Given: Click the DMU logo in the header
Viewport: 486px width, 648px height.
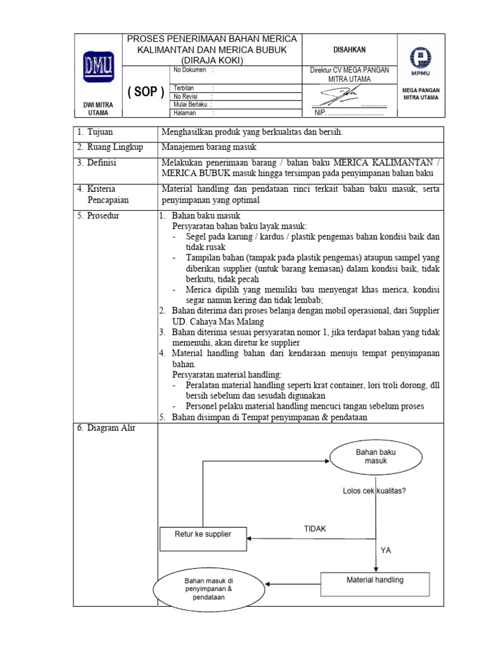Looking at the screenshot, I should (x=97, y=66).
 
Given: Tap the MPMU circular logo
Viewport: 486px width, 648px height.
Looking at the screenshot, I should (x=420, y=59).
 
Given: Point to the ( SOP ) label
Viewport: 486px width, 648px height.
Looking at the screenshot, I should (x=146, y=92).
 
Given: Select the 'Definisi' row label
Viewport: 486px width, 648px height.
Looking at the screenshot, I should (x=98, y=163).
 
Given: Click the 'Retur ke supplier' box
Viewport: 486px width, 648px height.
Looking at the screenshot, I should (x=203, y=534).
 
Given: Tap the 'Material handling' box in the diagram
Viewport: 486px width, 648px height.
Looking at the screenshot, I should (x=375, y=580).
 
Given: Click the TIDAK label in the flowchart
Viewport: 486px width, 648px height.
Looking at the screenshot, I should (x=315, y=529).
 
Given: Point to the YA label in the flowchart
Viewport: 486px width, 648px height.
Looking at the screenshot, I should (x=386, y=551).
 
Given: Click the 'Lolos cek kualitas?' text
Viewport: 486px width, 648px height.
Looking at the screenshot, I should (x=374, y=490).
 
